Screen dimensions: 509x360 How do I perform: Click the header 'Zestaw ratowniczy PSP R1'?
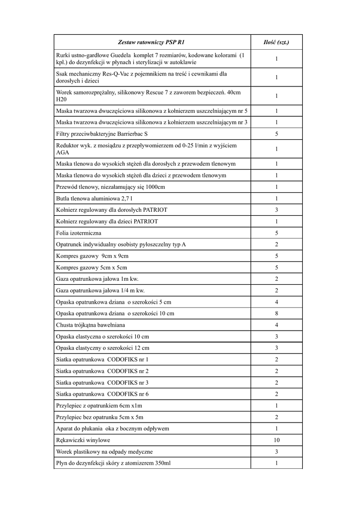pos(152,42)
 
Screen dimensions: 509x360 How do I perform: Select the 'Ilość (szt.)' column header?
pos(276,42)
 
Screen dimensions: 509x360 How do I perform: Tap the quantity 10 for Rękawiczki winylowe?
pos(276,440)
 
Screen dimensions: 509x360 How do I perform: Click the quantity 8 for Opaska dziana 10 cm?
pos(276,314)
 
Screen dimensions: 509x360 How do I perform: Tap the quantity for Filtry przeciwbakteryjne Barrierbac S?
pos(276,134)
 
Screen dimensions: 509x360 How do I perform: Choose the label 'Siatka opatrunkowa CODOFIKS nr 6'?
pos(102,394)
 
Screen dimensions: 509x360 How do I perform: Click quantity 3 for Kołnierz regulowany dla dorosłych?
pos(276,210)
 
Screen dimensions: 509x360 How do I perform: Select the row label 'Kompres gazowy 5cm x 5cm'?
pos(89,267)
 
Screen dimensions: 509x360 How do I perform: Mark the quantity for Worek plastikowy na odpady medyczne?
pos(276,452)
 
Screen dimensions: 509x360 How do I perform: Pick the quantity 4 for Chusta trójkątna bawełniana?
pos(276,325)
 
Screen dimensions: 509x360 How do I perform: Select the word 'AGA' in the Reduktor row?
pos(63,153)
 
